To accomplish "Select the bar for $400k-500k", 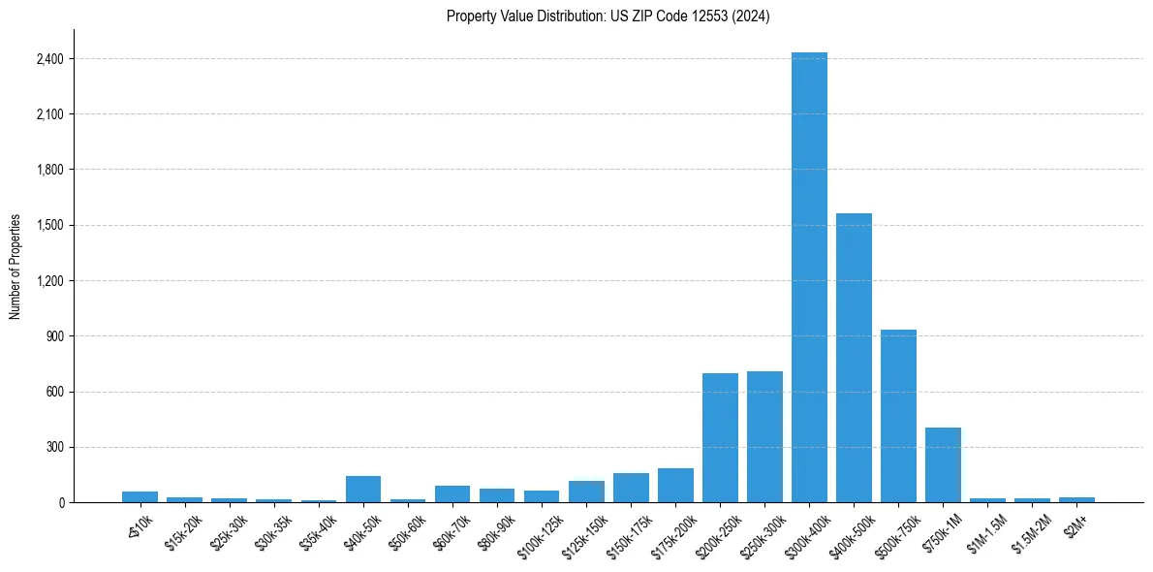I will click(854, 358).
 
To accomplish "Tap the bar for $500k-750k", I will click(898, 416).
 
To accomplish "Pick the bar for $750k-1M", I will click(943, 465).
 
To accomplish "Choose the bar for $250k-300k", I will click(764, 437).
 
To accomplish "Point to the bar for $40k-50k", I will click(363, 490).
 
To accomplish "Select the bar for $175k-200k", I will click(675, 486).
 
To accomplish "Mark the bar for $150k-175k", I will click(631, 488).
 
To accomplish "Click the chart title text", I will click(608, 16).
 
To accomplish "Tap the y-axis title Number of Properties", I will click(16, 267).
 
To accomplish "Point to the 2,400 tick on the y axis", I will click(49, 59).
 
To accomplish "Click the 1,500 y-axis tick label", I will click(49, 226).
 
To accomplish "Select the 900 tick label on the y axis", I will click(55, 336).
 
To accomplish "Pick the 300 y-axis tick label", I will click(55, 448).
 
